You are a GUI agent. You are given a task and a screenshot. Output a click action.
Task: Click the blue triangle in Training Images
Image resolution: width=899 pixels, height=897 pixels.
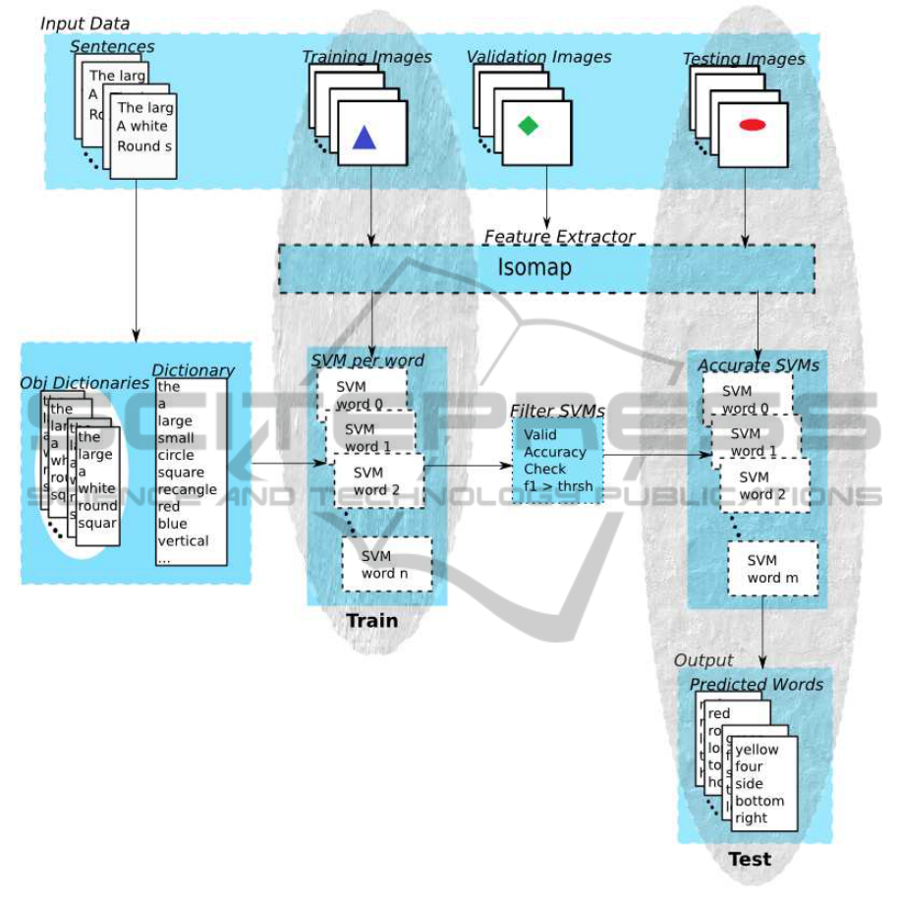coord(365,138)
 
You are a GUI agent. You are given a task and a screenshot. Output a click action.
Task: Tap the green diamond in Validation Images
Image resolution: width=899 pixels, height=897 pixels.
coord(529,126)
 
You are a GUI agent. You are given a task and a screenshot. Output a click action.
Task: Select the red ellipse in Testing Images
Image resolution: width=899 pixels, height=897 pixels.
coord(753,125)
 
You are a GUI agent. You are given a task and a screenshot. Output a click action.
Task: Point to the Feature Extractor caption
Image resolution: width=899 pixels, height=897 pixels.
coord(559,237)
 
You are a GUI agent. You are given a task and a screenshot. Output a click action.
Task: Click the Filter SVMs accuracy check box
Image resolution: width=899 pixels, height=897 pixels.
coord(555,460)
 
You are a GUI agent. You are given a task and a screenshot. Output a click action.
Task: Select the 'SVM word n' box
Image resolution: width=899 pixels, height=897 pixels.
coord(387,564)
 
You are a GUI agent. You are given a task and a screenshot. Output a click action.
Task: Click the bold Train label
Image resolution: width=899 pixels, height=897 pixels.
coord(372,620)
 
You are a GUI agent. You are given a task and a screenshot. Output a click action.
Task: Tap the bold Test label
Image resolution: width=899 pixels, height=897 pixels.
coord(750,860)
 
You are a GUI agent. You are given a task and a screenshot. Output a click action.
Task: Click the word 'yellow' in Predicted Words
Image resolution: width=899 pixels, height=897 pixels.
coord(757,750)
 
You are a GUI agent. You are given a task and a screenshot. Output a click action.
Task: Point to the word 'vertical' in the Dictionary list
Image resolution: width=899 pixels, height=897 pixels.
coord(183,540)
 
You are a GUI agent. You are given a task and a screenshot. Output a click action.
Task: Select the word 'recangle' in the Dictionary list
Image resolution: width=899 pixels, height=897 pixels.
coord(187,489)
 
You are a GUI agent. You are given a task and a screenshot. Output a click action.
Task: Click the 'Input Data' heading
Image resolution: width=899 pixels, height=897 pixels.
coord(84,23)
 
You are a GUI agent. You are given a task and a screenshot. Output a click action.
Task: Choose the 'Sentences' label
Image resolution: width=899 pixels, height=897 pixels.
coord(112,46)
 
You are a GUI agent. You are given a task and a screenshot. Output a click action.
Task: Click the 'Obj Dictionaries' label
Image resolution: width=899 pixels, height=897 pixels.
coord(84,383)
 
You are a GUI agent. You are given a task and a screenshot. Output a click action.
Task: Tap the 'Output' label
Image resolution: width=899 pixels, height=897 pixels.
coord(703,660)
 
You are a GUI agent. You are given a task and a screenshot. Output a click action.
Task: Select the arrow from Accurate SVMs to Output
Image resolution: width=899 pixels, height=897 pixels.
coord(763,639)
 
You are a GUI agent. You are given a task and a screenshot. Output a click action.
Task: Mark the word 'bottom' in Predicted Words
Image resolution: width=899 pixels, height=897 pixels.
coord(759,801)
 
